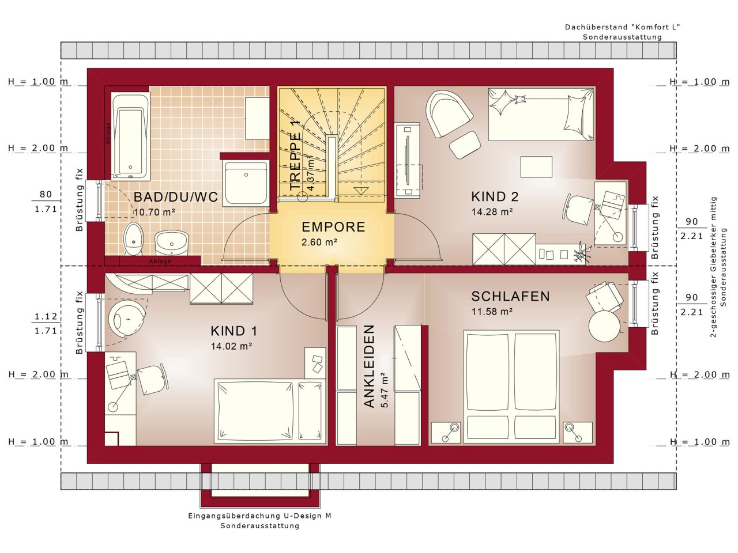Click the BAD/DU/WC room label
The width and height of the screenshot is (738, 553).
[176, 197]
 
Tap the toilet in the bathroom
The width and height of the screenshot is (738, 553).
[134, 238]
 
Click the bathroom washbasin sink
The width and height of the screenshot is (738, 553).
[171, 243]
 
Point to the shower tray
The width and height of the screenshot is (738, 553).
[246, 183]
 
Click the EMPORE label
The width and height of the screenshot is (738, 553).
[333, 227]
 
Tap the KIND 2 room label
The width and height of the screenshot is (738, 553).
[495, 196]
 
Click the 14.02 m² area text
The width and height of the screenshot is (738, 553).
[231, 346]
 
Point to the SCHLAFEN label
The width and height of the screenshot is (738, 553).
[510, 296]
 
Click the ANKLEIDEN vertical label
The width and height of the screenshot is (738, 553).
[369, 366]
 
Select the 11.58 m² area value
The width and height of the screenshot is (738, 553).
[492, 312]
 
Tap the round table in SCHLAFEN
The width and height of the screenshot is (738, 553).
[604, 326]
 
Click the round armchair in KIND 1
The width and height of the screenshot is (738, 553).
[127, 318]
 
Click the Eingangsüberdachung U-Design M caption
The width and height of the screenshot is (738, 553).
[259, 516]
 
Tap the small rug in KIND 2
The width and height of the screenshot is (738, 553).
[536, 167]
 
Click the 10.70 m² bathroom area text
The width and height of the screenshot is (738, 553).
[155, 212]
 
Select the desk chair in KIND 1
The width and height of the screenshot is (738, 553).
[153, 379]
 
